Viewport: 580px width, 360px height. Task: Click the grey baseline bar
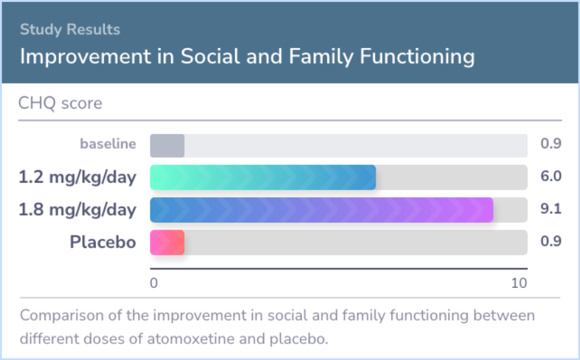pos(167,146)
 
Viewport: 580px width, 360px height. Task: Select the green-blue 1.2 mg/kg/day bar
pos(263,177)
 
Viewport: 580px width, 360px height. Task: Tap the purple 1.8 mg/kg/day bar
pos(322,210)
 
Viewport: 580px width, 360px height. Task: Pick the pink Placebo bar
pos(167,242)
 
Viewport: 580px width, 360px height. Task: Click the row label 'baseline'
pos(108,143)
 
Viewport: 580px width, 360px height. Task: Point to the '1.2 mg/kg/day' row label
pos(78,177)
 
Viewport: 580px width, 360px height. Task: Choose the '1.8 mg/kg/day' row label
pos(78,210)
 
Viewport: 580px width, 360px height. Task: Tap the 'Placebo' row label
pos(103,242)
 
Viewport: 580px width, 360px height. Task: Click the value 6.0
pos(551,176)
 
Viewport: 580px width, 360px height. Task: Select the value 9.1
pos(551,208)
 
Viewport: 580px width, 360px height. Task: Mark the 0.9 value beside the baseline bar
pos(551,143)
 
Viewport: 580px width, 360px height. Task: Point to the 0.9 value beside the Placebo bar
pos(551,241)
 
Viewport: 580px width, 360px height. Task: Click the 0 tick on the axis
pos(154,283)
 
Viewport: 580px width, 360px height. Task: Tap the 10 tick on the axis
pos(519,283)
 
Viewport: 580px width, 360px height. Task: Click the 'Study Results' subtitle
pos(70,29)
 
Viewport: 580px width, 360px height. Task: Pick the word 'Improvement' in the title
pos(85,56)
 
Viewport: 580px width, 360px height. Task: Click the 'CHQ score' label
pos(60,103)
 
